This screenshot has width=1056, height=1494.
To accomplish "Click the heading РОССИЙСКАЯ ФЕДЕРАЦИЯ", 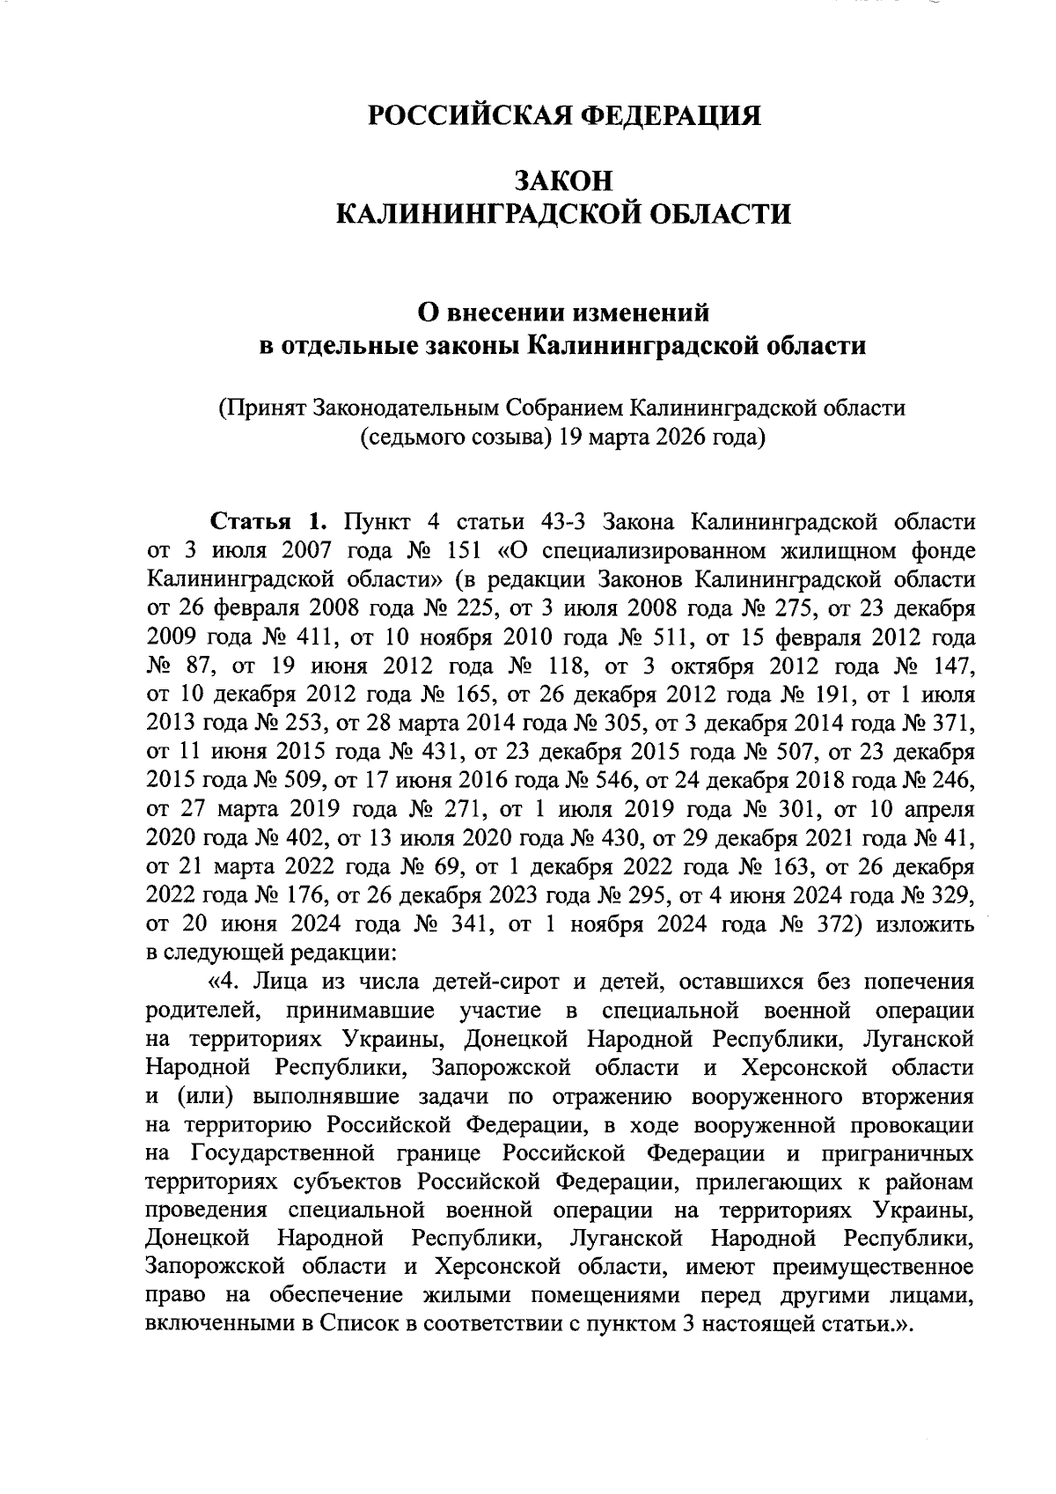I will pos(563,116).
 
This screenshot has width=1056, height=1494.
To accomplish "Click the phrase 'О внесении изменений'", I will pos(563,311).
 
